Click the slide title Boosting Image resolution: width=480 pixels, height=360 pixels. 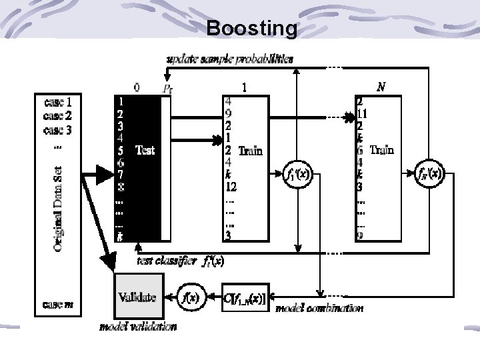(252, 28)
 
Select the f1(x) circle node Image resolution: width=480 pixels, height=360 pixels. (295, 175)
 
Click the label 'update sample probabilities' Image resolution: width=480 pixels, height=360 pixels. (229, 59)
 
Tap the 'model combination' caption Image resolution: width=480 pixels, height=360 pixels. (320, 309)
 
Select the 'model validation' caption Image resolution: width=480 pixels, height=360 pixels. (139, 327)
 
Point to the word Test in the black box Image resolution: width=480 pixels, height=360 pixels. (145, 150)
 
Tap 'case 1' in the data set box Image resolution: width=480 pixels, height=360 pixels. (63, 103)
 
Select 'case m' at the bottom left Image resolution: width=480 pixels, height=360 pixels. (63, 305)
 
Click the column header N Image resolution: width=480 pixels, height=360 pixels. (381, 87)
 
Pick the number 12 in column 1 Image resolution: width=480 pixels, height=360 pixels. (231, 187)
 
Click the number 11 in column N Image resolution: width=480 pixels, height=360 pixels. (363, 113)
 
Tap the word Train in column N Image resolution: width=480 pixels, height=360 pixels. (381, 150)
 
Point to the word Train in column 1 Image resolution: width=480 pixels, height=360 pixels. (250, 151)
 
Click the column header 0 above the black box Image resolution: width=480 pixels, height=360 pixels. (137, 87)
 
